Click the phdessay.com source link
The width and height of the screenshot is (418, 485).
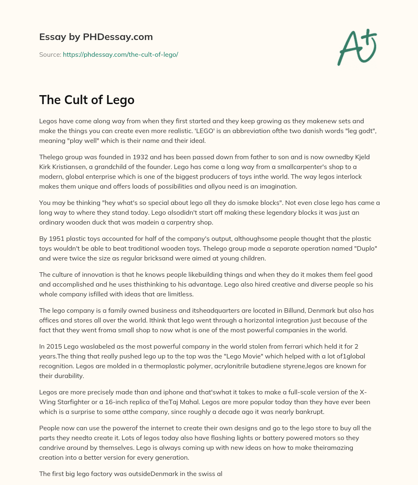[120, 54]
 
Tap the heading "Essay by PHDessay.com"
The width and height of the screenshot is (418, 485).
[96, 37]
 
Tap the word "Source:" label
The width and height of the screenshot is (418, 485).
[50, 54]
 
